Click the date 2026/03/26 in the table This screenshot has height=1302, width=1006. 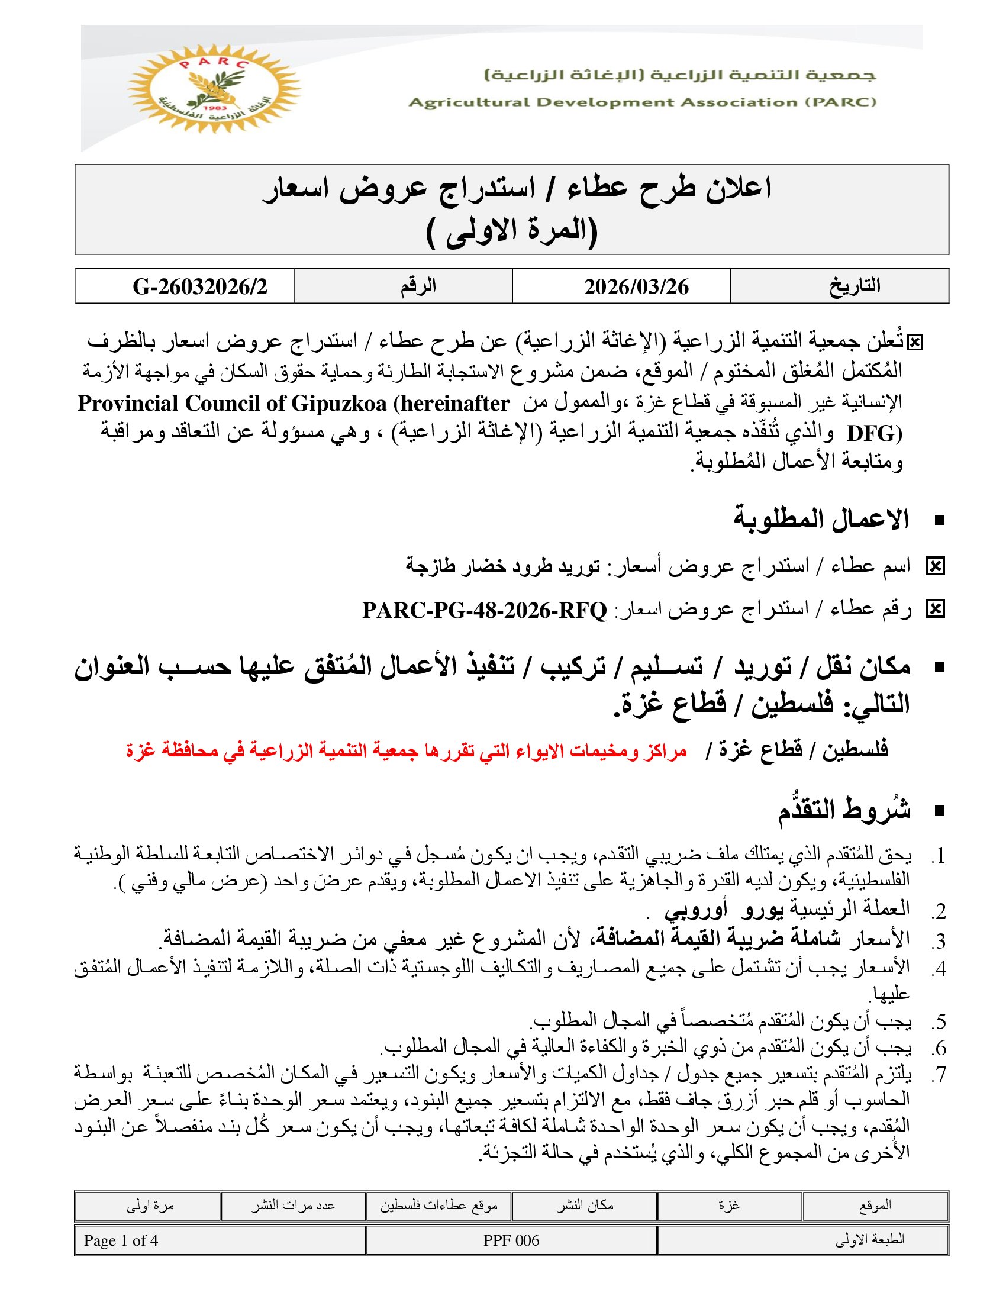(636, 287)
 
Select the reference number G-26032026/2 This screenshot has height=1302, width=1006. (199, 287)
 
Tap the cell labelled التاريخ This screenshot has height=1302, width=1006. (855, 286)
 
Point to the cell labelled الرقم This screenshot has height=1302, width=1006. (418, 286)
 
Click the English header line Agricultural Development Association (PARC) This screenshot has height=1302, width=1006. (642, 102)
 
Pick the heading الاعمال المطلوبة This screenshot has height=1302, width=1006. (821, 520)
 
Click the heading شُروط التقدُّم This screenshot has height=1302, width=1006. (844, 810)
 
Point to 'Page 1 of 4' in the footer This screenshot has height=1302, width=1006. (121, 1241)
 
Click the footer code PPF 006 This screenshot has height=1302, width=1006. (511, 1241)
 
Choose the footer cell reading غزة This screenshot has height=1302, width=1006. (729, 1206)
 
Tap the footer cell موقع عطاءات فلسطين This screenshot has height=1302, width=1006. (438, 1206)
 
